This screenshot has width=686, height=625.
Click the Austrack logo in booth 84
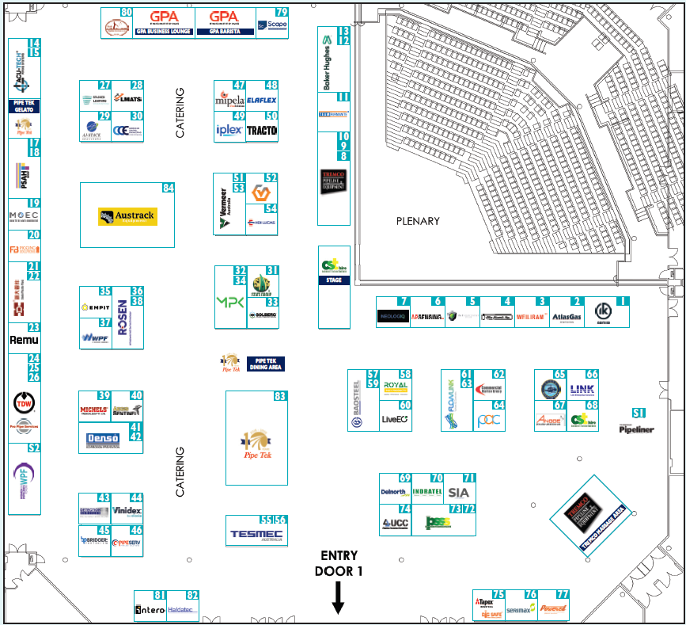tap(127, 216)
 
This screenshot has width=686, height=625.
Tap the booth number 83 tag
tap(279, 396)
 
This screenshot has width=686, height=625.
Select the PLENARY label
tap(418, 221)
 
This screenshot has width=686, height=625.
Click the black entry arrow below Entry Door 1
tap(338, 598)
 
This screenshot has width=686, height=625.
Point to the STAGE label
tap(333, 280)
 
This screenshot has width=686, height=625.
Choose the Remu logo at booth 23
tap(24, 340)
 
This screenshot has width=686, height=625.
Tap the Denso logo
tap(103, 438)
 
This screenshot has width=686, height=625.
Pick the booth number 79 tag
tap(281, 12)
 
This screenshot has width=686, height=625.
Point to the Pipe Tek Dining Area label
tap(265, 364)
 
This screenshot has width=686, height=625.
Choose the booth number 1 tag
tap(622, 301)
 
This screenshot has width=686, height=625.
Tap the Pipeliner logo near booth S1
tap(636, 429)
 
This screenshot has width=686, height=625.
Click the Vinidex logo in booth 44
tap(127, 511)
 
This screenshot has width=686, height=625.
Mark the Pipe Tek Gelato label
tap(24, 108)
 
